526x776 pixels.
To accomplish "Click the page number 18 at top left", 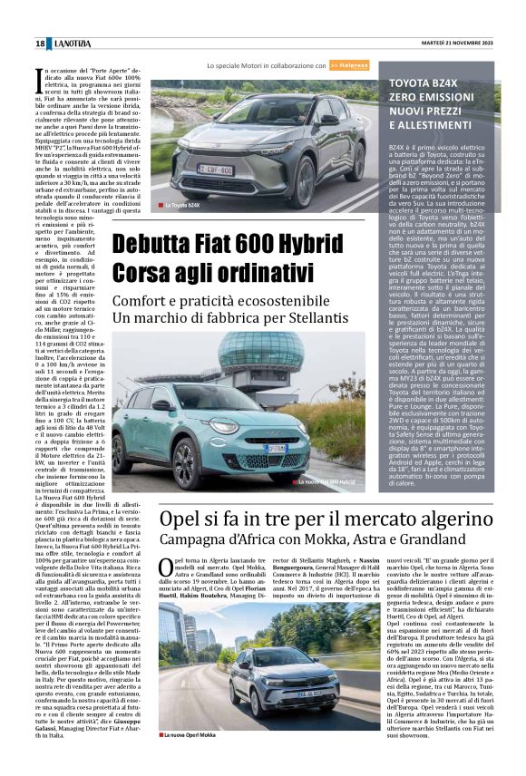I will [40, 44].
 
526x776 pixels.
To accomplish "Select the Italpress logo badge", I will [347, 66].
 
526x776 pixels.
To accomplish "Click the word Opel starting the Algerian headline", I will [183, 519].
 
